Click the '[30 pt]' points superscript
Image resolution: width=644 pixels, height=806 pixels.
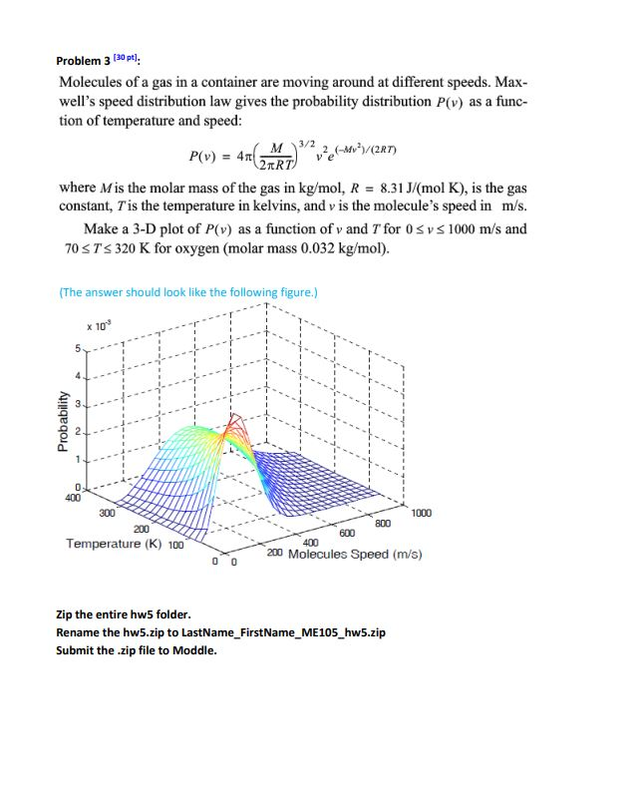pos(125,57)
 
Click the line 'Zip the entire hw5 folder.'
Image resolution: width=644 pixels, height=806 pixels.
pos(124,614)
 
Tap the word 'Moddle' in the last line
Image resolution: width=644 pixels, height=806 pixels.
pos(196,650)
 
